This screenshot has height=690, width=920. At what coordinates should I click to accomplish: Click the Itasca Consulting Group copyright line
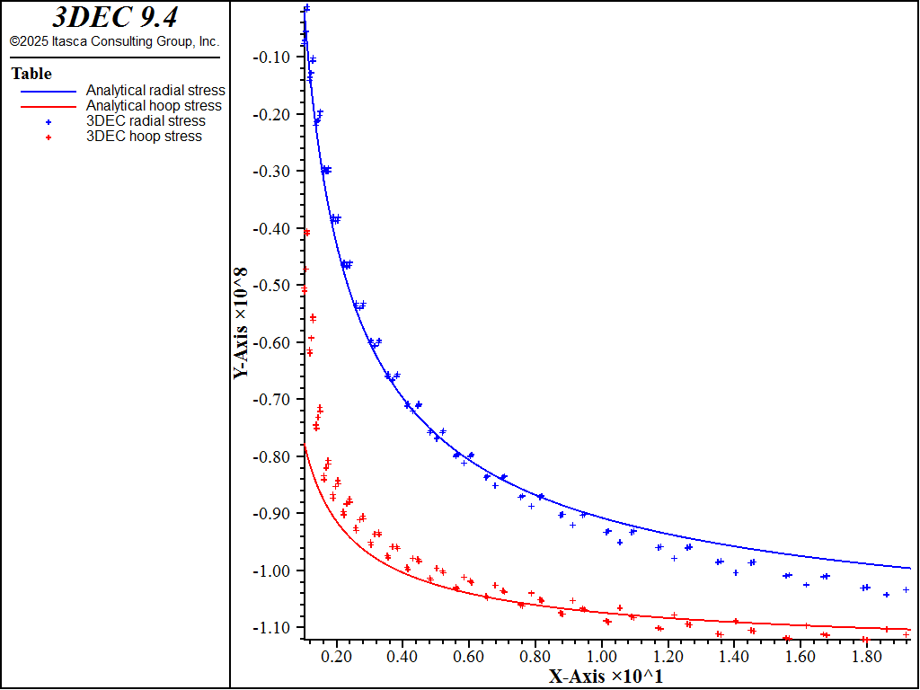114,41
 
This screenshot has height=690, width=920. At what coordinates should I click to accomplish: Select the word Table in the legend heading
31,74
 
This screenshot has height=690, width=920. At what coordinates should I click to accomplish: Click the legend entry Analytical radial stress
155,90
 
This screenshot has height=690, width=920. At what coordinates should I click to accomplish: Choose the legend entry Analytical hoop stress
154,105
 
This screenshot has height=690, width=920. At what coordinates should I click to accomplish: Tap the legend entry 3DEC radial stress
146,120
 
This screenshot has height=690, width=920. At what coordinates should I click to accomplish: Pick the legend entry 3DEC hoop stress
144,136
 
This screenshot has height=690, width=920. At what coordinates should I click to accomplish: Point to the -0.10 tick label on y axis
272,57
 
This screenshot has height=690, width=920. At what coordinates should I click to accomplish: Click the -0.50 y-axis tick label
272,285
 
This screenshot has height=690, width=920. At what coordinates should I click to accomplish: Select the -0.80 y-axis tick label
272,456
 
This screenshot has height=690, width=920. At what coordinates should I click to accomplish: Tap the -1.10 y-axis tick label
272,627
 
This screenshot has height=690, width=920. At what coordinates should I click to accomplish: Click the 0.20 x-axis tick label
337,657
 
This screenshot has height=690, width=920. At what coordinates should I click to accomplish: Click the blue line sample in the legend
44,91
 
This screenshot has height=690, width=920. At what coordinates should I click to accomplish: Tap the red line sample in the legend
44,106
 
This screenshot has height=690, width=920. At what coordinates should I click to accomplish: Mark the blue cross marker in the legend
49,121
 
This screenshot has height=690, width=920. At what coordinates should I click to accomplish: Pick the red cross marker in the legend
49,137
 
